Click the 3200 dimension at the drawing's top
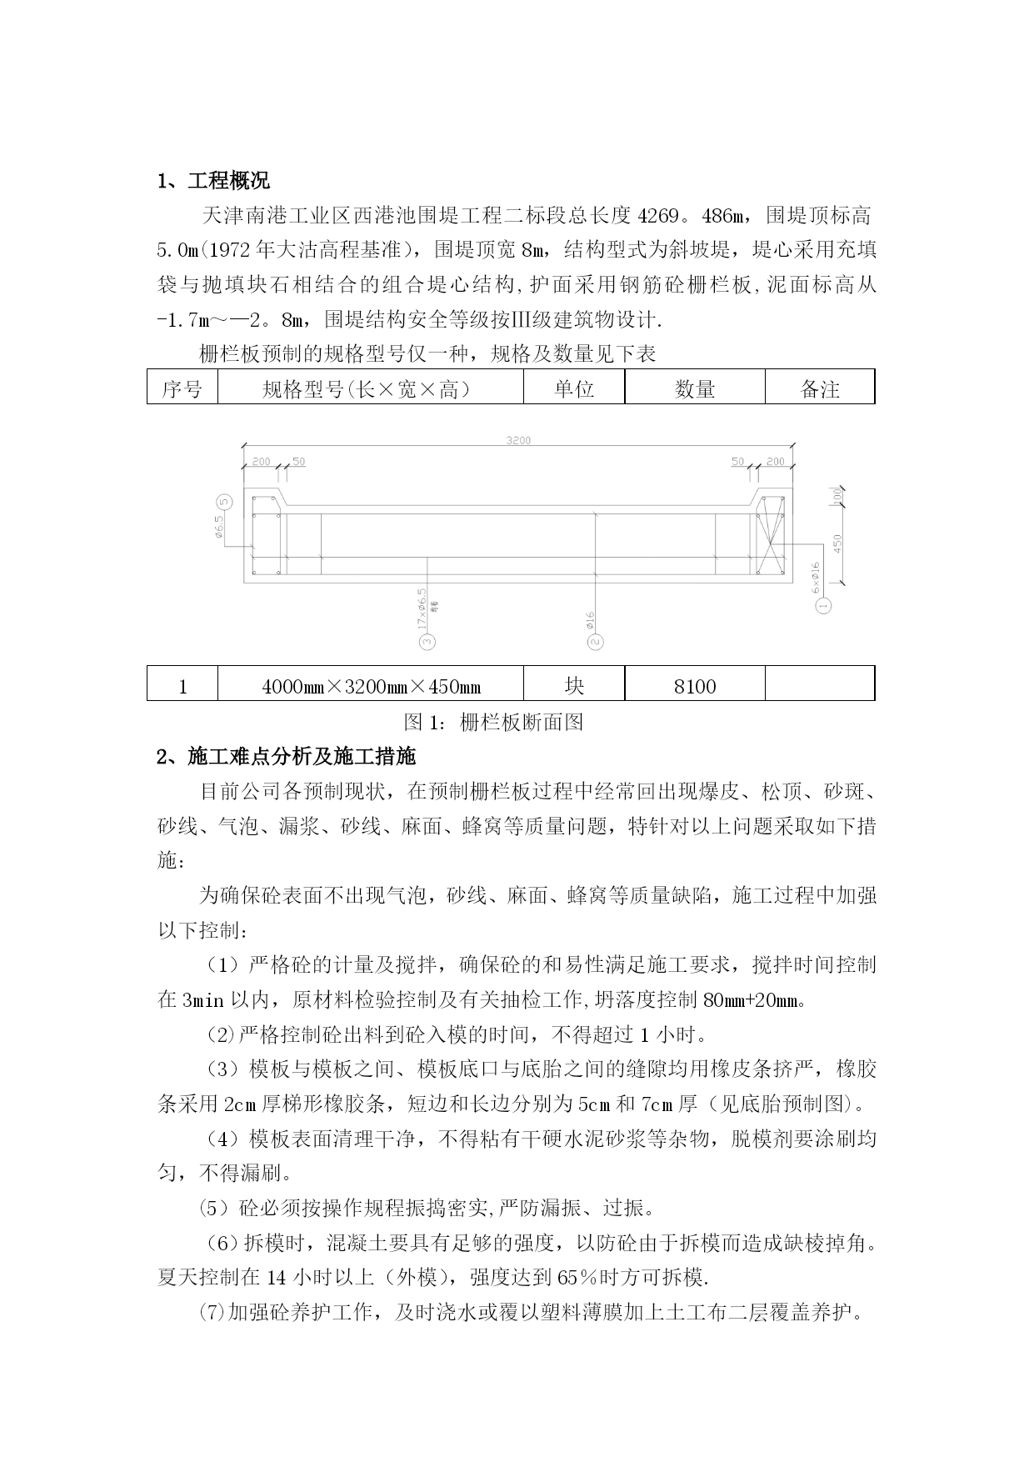point(518,440)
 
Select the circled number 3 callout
point(428,641)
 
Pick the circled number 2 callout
point(595,641)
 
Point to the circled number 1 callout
point(823,605)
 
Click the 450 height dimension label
point(838,543)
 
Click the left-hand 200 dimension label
point(260,461)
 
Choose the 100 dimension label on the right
point(837,496)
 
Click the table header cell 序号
point(182,388)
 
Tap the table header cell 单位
point(574,388)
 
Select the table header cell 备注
point(820,388)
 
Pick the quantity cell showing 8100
point(695,686)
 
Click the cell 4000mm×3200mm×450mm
point(371,686)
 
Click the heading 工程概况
point(227,181)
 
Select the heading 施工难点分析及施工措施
point(301,757)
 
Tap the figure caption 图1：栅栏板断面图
point(493,722)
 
